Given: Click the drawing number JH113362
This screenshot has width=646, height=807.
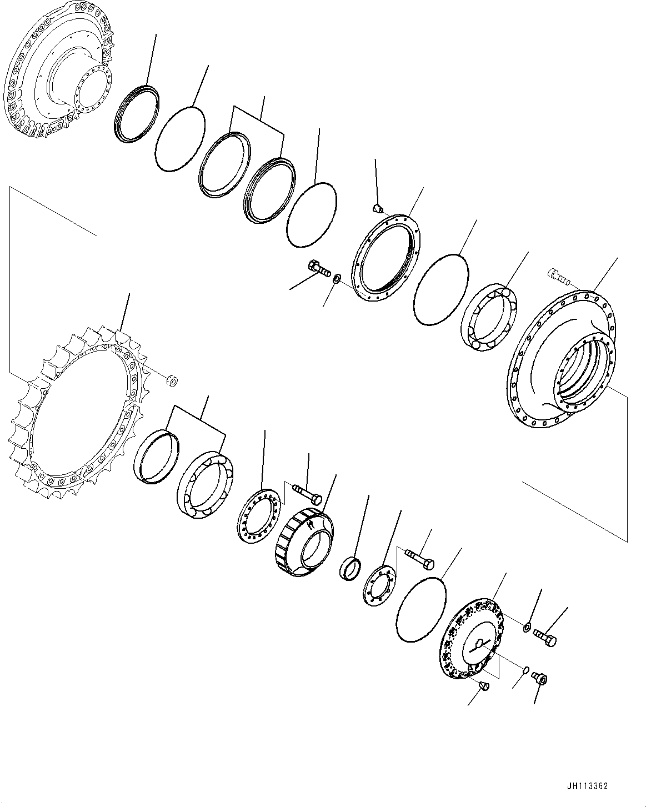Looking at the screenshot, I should click(588, 786).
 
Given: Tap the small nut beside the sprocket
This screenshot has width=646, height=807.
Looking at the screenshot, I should click(172, 380).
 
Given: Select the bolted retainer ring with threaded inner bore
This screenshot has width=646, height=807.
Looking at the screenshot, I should click(388, 258).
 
